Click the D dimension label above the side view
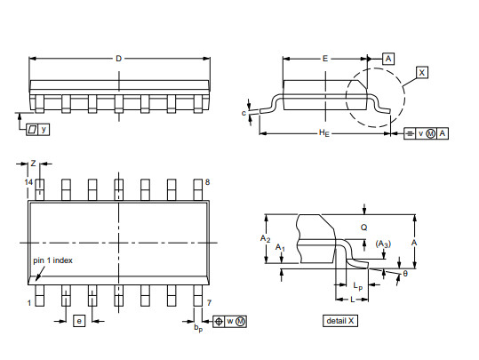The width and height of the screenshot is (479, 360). (118, 59)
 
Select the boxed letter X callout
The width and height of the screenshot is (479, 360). (421, 73)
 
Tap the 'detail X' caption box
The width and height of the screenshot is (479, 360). (340, 321)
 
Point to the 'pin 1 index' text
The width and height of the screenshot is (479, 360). (52, 260)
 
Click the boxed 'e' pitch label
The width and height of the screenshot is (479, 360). (79, 321)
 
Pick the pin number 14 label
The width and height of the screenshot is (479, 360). (28, 182)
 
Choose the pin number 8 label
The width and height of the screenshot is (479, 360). (207, 182)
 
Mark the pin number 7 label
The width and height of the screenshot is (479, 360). (209, 302)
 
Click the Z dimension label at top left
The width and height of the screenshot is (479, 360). (33, 164)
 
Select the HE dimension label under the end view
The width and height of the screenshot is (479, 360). (324, 133)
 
